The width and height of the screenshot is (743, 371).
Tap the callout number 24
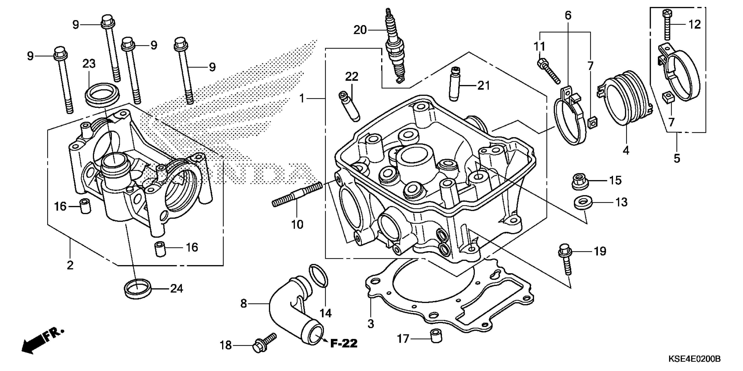click(x=177, y=288)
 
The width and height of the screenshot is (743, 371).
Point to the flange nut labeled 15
click(x=580, y=182)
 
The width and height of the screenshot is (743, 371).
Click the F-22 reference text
click(x=344, y=343)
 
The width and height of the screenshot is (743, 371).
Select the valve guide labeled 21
click(x=455, y=84)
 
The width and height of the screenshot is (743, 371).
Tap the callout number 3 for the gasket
click(x=371, y=323)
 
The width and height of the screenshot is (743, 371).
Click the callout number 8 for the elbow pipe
click(x=244, y=304)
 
